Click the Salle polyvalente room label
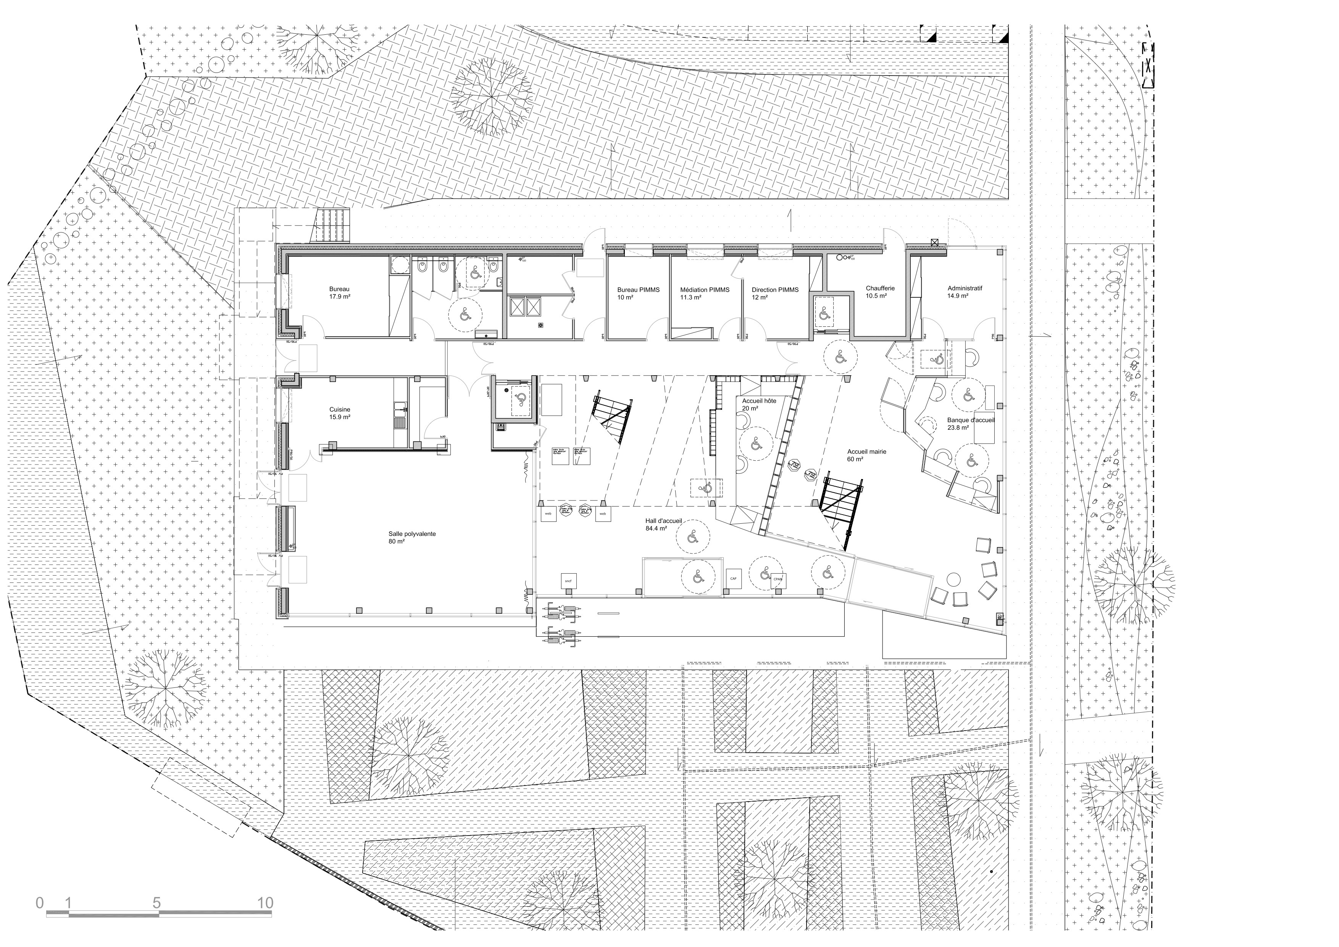[412, 537]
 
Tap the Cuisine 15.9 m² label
[339, 413]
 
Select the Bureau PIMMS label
[638, 293]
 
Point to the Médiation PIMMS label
[705, 293]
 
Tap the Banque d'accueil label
[970, 423]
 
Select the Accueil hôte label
[759, 405]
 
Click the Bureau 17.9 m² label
[339, 293]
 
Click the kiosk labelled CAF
[733, 578]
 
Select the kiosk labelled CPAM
[778, 580]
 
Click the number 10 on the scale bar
[265, 903]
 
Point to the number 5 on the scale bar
[156, 903]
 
